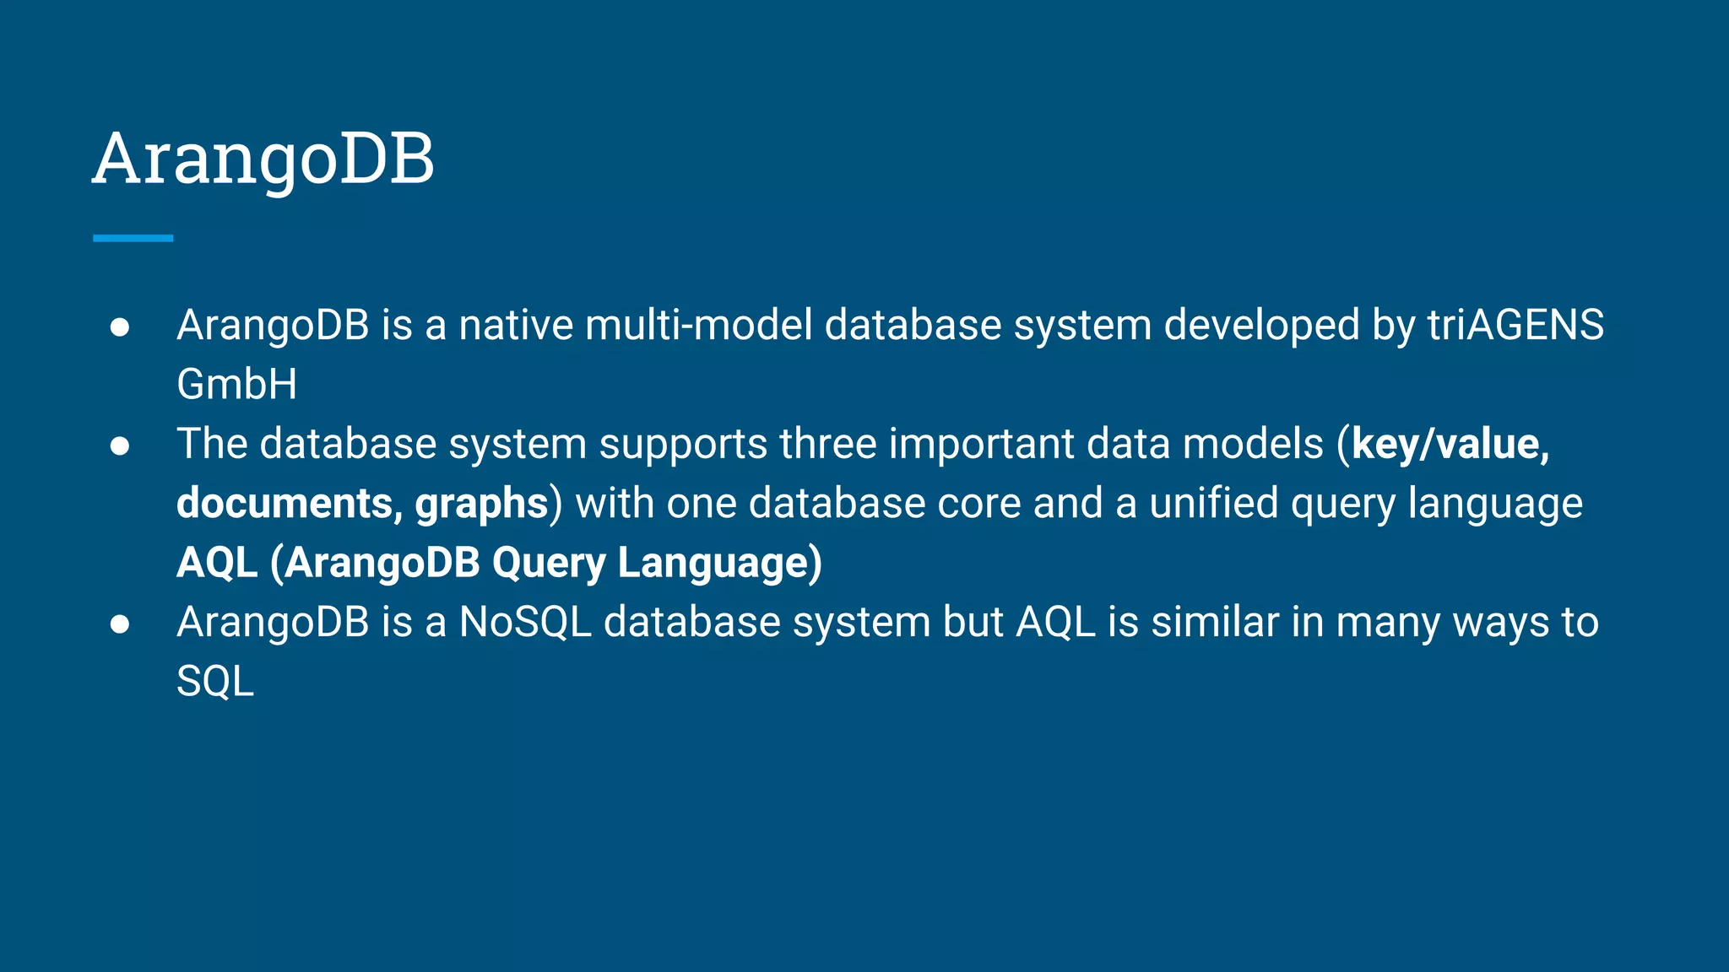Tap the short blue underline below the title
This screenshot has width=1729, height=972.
pos(133,238)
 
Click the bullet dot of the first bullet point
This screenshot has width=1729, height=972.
pos(120,327)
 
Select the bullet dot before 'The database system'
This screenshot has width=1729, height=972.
pos(120,446)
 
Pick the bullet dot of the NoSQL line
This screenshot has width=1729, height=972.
pos(120,624)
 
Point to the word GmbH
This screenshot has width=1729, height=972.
pos(236,385)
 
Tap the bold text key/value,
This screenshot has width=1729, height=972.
pos(1450,445)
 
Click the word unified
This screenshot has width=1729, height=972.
pos(1213,504)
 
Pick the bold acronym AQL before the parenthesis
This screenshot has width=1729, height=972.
pos(217,563)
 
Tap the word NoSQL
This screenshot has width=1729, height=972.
pos(524,623)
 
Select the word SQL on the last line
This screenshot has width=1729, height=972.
pos(214,682)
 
